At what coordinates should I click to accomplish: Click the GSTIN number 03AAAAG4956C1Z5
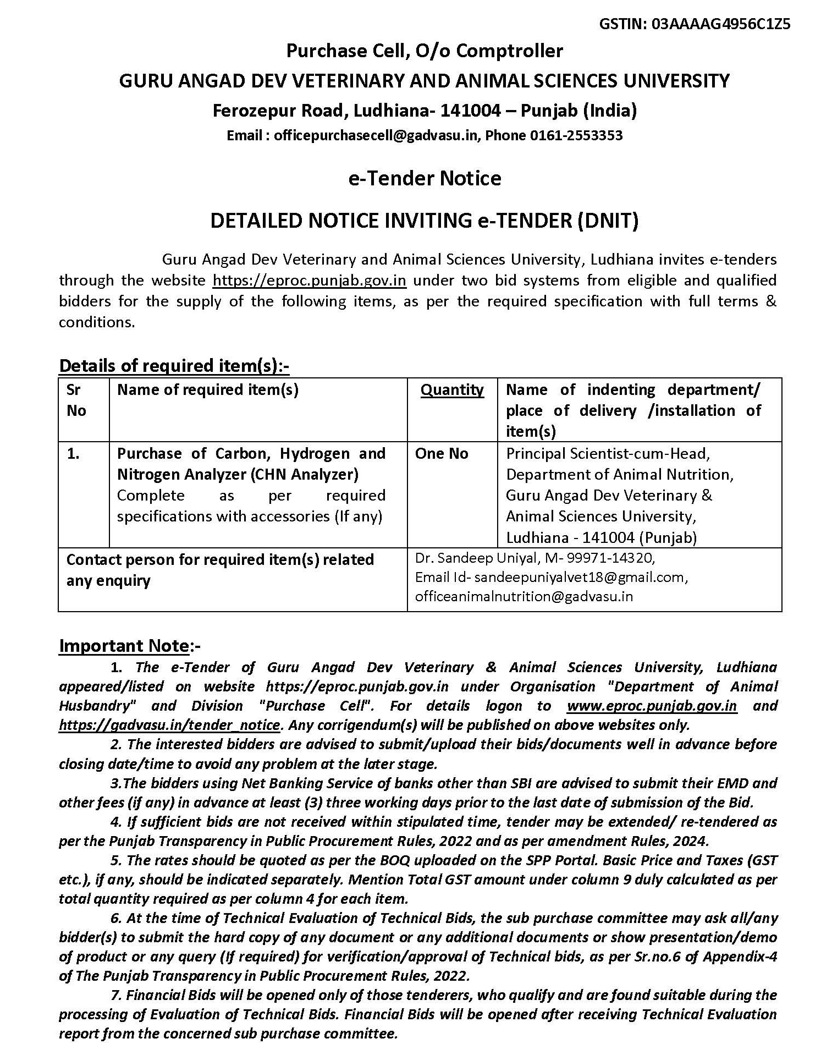721,24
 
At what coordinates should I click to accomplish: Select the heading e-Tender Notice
425,178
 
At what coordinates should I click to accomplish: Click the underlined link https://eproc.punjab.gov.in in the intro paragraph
309,281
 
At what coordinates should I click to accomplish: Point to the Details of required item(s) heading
174,366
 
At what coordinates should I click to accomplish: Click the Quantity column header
452,390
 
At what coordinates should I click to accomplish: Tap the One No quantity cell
442,454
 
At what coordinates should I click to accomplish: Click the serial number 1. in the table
73,454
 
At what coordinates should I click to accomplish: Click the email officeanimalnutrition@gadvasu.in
524,596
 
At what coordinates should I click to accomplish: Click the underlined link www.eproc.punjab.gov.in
652,706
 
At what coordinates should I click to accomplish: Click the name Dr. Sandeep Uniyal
476,558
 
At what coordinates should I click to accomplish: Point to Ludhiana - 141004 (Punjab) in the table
601,537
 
